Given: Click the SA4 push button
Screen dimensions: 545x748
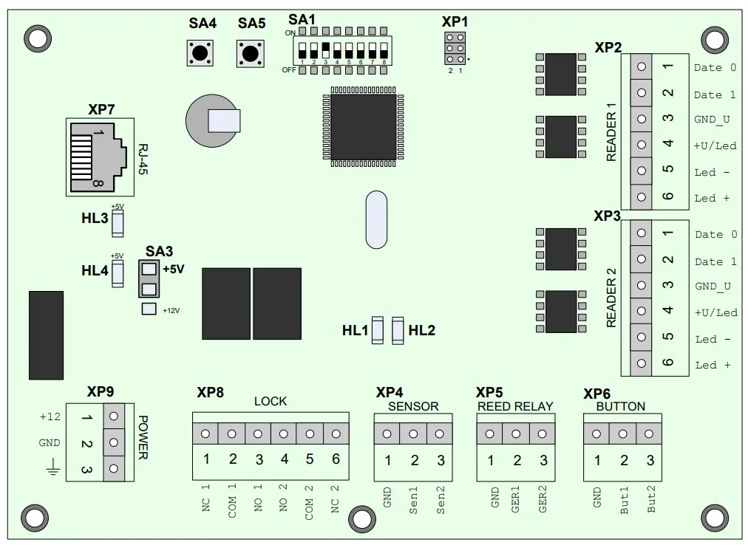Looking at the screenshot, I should point(200,52).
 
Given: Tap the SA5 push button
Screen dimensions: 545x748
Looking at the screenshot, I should point(250,52).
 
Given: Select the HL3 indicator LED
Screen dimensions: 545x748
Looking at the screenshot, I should point(118,224).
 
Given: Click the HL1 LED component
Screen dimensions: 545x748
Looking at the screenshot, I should point(378,330).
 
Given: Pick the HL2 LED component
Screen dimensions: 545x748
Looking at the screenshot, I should point(398,330).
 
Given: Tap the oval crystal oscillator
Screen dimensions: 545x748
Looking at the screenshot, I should point(376,219).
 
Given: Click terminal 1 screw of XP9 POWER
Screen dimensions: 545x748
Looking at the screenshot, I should point(114,417).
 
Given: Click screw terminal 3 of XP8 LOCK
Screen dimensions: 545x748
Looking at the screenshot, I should point(258,433).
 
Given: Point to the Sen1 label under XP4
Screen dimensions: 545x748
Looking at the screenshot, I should point(414,500).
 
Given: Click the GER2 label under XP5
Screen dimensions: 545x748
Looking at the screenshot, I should point(543,500).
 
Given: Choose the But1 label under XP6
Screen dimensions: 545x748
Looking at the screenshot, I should point(624,500).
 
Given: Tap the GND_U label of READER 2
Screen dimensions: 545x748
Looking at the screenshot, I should point(713,287).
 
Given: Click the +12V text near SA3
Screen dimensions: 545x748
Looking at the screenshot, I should point(171,310).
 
